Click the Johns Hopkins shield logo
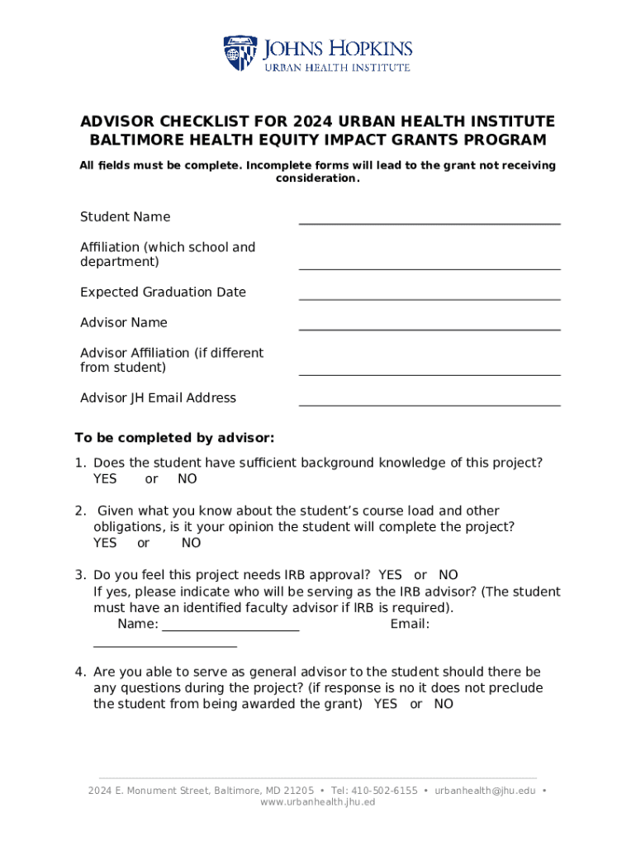coord(240,53)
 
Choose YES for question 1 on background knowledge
coord(105,479)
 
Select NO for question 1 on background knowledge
coord(187,479)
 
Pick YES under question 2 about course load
coord(105,543)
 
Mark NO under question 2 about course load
coord(192,543)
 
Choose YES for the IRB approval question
coord(390,575)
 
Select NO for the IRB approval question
coord(449,575)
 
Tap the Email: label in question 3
coord(410,624)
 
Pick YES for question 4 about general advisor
coord(385,704)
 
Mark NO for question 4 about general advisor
coord(444,704)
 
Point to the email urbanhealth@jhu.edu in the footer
coord(485,791)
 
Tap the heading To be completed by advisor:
coord(174,437)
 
